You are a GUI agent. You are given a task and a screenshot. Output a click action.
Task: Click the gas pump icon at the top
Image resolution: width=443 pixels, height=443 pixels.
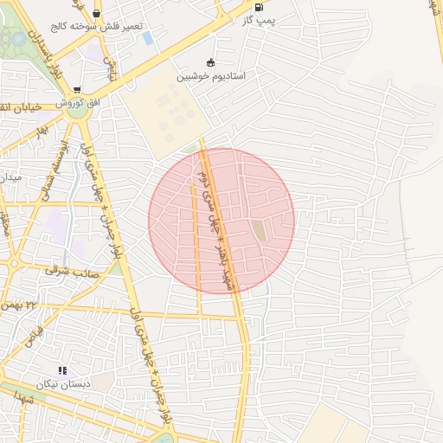point(259,7)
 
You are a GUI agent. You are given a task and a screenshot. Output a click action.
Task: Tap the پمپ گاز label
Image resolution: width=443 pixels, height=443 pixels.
point(260,20)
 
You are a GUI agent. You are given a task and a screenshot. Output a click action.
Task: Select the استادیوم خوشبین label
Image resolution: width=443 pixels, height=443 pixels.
point(211,76)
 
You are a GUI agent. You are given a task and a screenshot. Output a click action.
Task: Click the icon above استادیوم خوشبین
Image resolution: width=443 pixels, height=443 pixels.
point(210,62)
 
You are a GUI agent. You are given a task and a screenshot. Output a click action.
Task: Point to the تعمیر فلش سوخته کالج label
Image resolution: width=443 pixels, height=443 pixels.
point(95,28)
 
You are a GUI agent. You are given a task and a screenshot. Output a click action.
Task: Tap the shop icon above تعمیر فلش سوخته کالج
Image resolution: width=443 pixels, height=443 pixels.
point(95,14)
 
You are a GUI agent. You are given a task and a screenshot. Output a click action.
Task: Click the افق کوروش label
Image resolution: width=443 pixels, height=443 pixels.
point(79,103)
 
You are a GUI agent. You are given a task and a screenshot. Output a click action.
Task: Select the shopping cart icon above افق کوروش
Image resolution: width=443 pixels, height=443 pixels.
point(77,90)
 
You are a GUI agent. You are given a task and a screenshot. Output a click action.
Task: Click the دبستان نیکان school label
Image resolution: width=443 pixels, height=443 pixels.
point(62,383)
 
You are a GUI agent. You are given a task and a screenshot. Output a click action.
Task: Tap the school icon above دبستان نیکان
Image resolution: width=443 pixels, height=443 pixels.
point(62,370)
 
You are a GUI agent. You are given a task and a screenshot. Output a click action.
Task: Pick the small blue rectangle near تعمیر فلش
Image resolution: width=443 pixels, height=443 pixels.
point(148,38)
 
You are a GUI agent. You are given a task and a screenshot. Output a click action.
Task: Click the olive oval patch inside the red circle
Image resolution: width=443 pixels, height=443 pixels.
point(259,231)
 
